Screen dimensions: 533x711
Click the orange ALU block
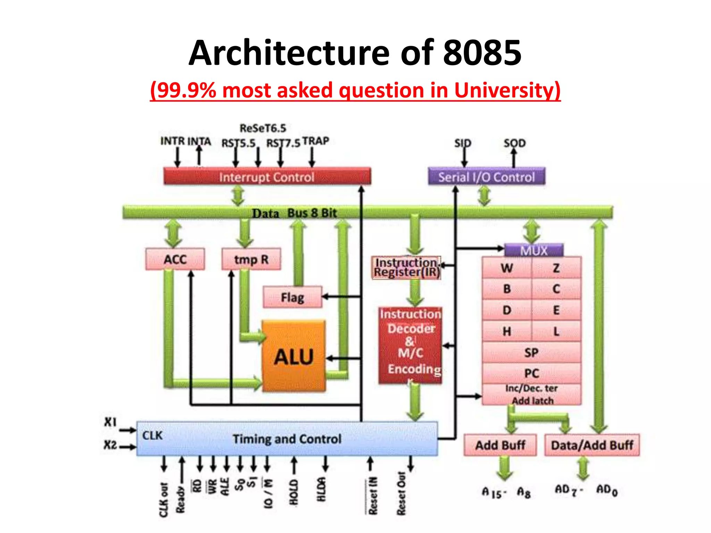294,356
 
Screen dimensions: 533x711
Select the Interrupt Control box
267,177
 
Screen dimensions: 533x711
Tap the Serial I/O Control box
486,177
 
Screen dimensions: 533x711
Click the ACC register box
175,259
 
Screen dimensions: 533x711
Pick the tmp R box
251,259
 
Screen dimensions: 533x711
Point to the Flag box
292,297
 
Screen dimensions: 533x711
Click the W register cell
507,268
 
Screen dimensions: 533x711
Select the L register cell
556,331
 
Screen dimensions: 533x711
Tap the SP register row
531,353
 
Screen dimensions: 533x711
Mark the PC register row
531,373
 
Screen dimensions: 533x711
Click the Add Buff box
500,445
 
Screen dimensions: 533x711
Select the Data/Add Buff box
592,445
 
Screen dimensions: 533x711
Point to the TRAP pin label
315,141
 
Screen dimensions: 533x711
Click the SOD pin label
515,143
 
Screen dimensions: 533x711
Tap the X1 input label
110,422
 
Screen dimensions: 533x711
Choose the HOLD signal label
294,492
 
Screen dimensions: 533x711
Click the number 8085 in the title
482,53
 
